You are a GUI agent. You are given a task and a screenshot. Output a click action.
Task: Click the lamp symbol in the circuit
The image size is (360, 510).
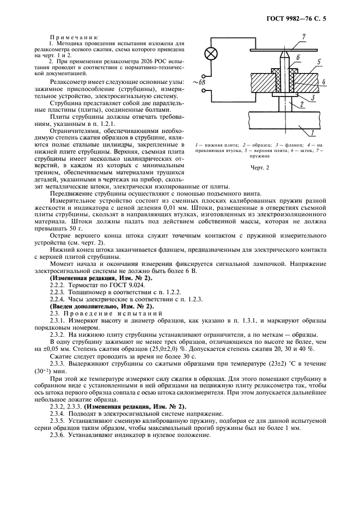[208, 54]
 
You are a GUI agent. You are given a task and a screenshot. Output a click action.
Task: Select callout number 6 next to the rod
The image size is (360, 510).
[299, 56]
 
